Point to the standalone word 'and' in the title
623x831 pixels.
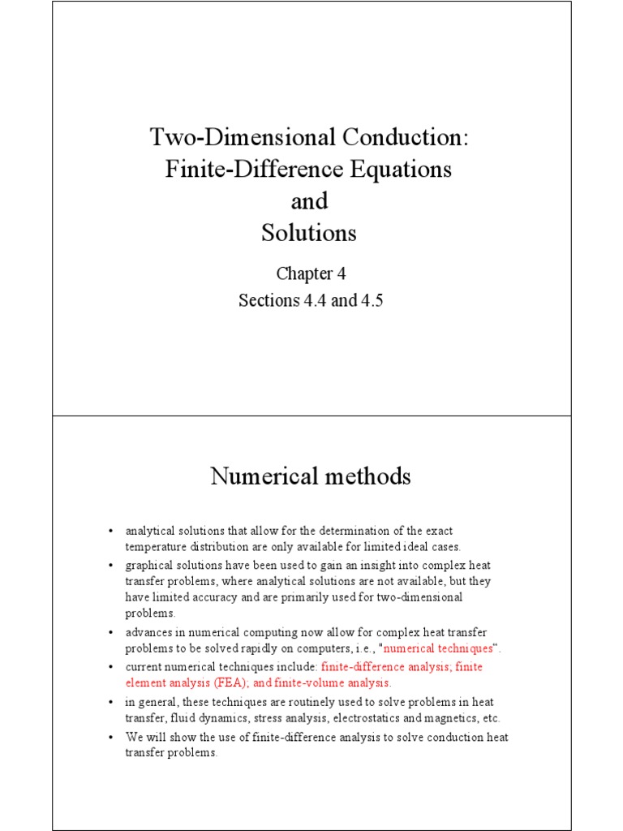309,201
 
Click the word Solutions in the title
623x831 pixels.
309,233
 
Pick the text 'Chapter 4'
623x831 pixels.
309,273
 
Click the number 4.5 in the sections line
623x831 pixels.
370,300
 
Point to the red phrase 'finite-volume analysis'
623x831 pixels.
329,682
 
